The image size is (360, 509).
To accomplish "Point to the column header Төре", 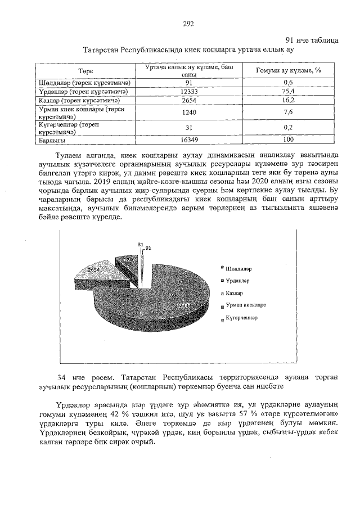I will [x=85, y=71].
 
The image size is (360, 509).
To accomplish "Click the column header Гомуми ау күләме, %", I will [x=288, y=71].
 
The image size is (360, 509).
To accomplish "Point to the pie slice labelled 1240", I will [x=128, y=260].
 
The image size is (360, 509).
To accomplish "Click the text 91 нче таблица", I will [x=312, y=40].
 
